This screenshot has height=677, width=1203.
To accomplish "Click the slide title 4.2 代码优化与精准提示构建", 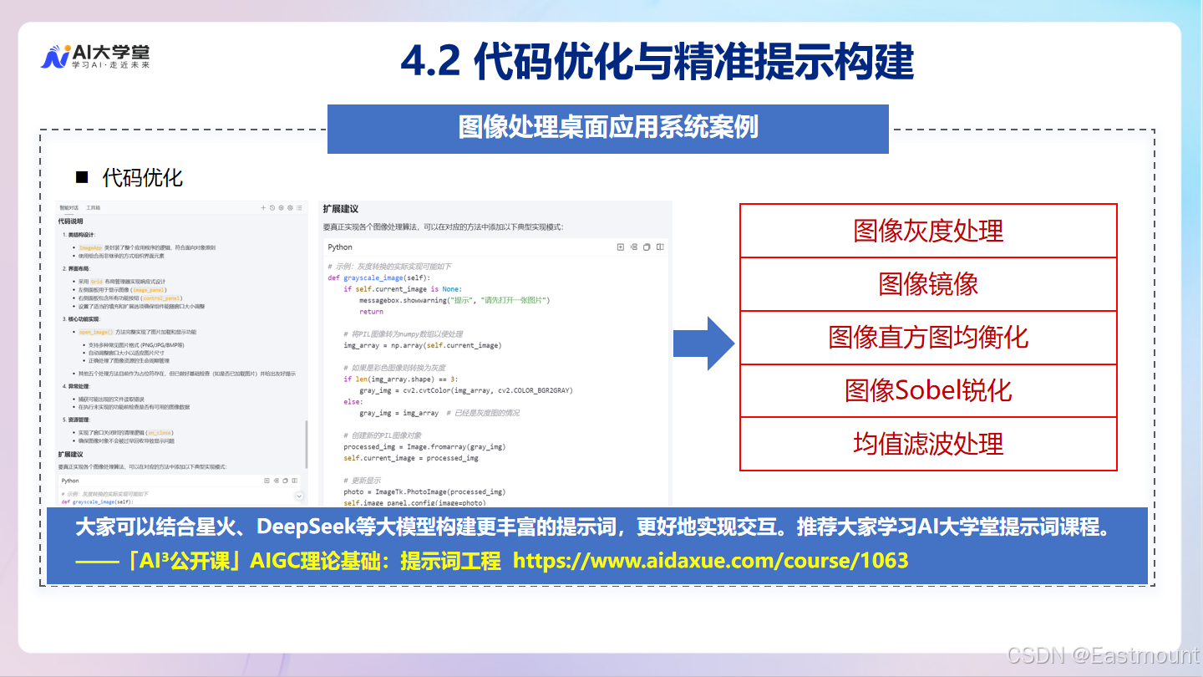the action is (657, 61).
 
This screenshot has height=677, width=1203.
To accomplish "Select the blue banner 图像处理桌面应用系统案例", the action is (607, 128).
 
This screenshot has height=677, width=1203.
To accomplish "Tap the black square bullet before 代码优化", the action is (82, 177).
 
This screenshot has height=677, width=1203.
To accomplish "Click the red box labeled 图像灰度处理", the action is (928, 231).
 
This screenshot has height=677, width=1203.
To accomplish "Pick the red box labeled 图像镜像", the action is (928, 284).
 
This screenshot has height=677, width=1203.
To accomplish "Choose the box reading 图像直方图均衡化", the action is (928, 338).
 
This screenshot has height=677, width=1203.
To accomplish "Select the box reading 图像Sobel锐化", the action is (928, 390).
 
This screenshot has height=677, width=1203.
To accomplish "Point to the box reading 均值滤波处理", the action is (928, 444).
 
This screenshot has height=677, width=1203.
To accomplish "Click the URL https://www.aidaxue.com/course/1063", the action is (710, 561).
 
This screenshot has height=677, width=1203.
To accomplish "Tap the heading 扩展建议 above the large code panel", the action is (341, 209).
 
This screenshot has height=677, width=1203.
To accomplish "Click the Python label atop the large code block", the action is (340, 247).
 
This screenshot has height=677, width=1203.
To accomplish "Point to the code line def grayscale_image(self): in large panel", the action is (378, 277).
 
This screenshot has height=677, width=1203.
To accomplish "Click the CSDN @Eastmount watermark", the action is (1103, 655).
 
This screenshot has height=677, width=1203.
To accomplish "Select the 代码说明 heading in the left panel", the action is (70, 221).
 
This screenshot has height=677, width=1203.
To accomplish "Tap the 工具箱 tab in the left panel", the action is (94, 207).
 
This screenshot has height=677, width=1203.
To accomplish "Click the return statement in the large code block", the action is (371, 311).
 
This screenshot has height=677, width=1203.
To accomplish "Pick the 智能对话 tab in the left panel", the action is (69, 207).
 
